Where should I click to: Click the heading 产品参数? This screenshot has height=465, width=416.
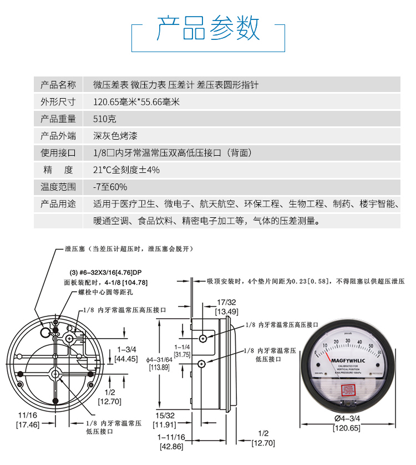tap(208, 28)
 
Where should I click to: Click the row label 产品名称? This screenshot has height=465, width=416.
tap(58, 85)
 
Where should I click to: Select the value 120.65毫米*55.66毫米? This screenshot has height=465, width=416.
tap(136, 102)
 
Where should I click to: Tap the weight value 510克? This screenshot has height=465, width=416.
tap(105, 119)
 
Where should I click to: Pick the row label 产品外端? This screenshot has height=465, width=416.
tap(58, 136)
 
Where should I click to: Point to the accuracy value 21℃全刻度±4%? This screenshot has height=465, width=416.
tap(126, 170)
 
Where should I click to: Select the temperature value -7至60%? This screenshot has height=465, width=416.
tap(110, 187)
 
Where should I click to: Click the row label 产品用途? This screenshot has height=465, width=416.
tap(58, 204)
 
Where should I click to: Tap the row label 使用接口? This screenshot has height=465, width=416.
tap(58, 153)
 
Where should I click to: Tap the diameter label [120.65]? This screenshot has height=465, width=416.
tap(347, 428)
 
